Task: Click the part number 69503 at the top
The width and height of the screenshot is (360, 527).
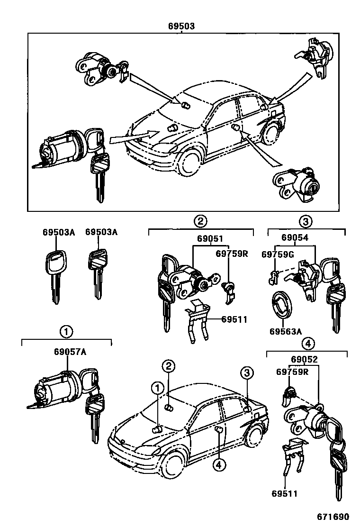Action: point(181,27)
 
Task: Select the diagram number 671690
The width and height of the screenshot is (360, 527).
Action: point(336,517)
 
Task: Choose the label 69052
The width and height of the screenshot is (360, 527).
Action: point(305,360)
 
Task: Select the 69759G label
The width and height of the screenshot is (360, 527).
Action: point(278,254)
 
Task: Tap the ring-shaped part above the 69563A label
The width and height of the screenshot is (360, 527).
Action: point(281,304)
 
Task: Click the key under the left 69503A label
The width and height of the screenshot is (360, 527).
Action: point(55,275)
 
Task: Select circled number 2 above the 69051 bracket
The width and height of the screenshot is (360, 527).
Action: point(200,220)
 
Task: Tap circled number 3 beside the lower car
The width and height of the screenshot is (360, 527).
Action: point(245,373)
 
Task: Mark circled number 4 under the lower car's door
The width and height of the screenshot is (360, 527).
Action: point(218,465)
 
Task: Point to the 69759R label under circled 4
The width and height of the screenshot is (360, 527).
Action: point(292,372)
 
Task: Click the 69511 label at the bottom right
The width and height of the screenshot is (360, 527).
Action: point(285,494)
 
